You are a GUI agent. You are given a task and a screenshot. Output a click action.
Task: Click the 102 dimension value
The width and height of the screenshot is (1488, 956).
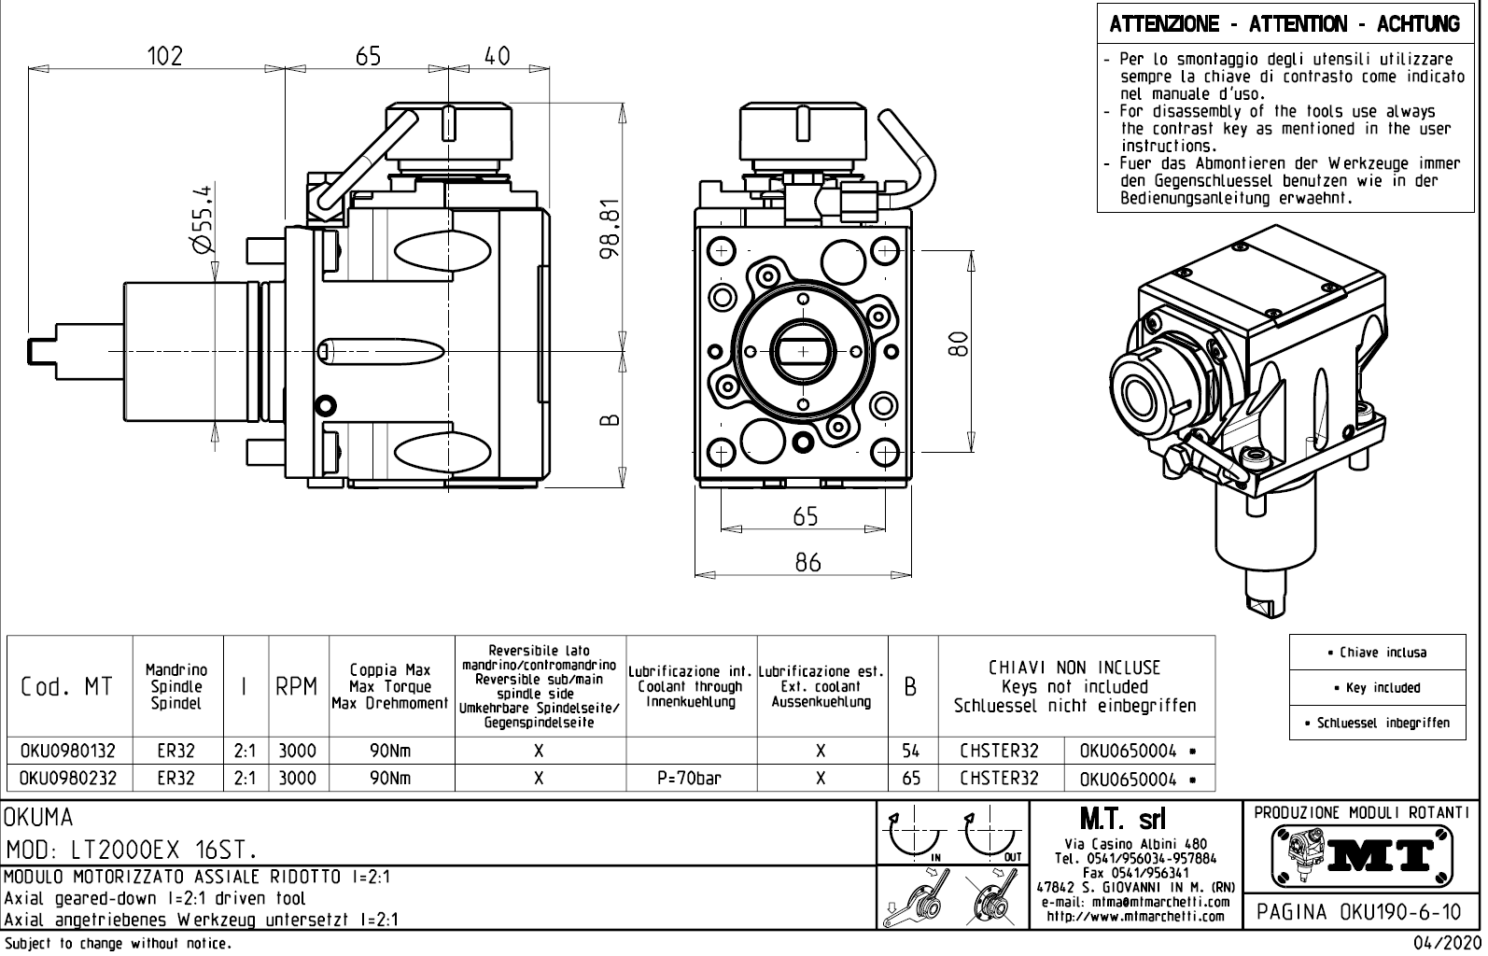click(x=165, y=56)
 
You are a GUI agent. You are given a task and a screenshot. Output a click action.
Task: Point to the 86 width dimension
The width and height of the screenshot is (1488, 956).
click(x=807, y=562)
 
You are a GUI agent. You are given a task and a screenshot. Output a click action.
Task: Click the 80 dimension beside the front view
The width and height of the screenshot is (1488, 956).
click(x=956, y=344)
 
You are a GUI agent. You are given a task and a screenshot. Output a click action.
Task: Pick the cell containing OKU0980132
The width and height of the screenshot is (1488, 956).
click(x=68, y=751)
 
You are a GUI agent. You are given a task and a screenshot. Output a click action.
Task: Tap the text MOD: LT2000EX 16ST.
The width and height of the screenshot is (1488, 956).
click(x=131, y=851)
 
